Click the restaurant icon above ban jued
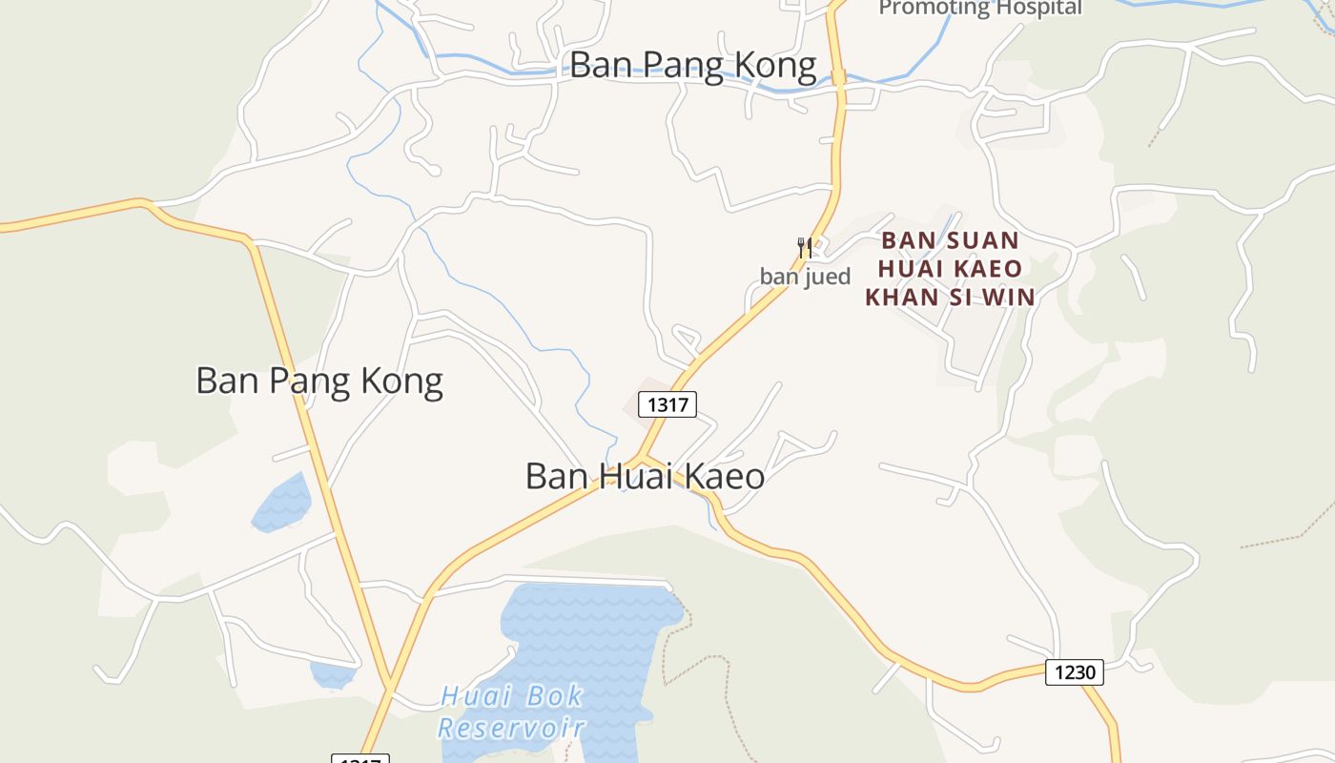(805, 249)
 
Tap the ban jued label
(805, 278)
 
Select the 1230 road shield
(1075, 672)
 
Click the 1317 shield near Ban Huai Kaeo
(667, 404)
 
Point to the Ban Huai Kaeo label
(645, 476)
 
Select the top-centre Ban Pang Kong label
(693, 66)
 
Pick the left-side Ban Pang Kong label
(319, 381)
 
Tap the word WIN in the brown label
(1009, 298)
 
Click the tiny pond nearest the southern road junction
(331, 674)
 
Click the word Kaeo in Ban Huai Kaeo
(724, 476)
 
